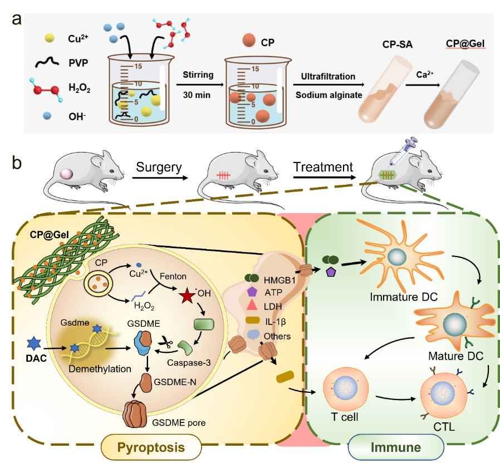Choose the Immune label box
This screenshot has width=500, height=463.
[x=396, y=446]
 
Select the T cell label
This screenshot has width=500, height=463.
[x=342, y=416]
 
